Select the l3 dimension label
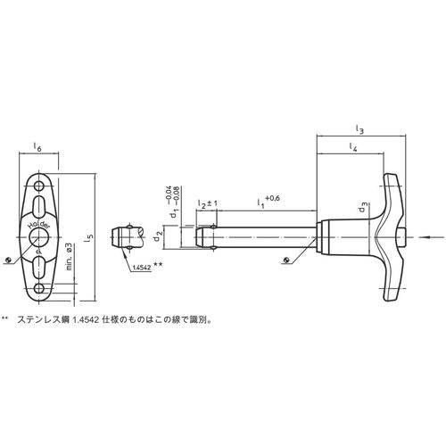coord(358,130)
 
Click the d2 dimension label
coord(159,236)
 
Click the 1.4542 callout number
coord(140,267)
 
